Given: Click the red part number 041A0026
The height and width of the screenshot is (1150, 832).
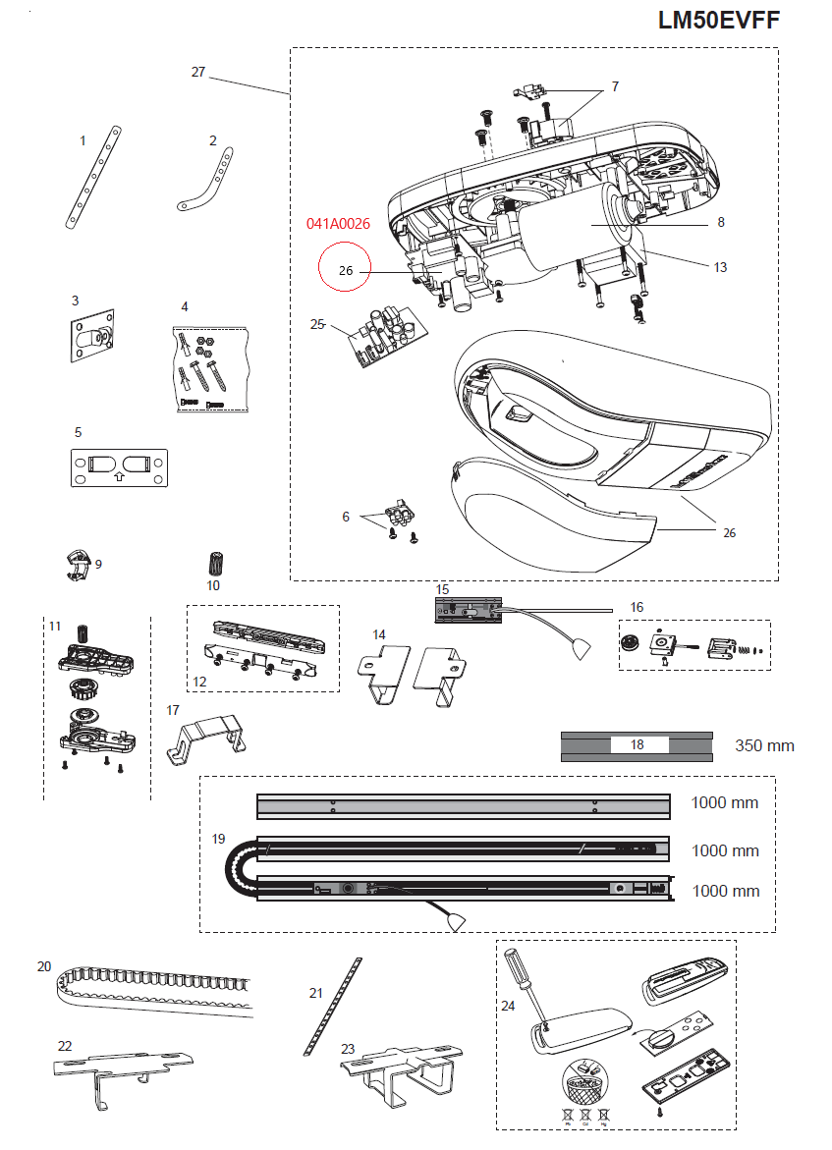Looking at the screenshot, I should click(338, 224).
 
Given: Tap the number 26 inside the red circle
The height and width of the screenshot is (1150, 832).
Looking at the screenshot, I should click(345, 270).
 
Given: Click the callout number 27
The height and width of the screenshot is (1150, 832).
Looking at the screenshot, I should click(198, 72).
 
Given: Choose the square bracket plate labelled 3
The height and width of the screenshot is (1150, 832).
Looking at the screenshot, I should click(91, 337).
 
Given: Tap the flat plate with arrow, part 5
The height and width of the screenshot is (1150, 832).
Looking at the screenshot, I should click(119, 466).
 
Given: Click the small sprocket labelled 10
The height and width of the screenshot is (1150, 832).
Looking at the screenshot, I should click(214, 565).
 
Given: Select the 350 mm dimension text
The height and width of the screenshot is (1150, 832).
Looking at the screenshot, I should click(764, 745).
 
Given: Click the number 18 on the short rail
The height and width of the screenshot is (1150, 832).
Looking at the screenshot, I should click(638, 744).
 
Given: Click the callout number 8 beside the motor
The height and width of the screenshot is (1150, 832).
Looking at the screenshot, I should click(721, 222).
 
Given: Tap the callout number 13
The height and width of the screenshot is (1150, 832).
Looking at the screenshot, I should click(720, 267).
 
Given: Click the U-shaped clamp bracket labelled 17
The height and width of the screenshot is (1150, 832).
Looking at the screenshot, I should click(206, 739).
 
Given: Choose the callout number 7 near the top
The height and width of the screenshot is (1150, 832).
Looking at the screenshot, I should click(615, 86).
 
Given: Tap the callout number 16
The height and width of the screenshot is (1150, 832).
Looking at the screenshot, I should click(637, 607).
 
